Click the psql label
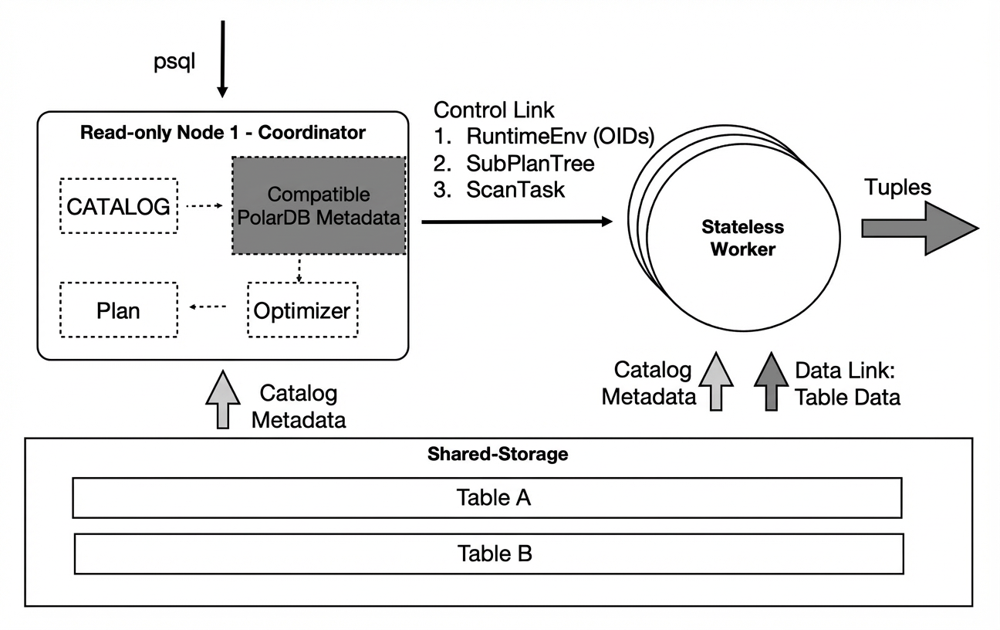(174, 62)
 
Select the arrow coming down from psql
(222, 59)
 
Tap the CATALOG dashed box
(119, 206)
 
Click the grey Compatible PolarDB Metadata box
(319, 205)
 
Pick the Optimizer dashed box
(302, 310)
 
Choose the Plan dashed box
(119, 310)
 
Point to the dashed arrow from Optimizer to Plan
(208, 307)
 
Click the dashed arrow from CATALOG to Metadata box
(204, 205)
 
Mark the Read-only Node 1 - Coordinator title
(223, 132)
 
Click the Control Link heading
(494, 110)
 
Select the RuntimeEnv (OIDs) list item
(544, 137)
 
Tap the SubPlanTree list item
(514, 164)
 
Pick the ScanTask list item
(499, 189)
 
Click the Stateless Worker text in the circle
(743, 238)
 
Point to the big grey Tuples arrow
(920, 229)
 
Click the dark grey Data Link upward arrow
(771, 381)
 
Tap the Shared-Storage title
(498, 454)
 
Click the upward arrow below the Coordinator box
(223, 399)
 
